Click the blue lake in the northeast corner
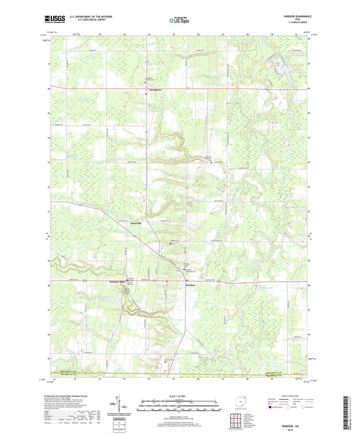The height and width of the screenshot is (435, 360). coord(279,66)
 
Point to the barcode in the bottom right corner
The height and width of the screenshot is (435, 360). coord(348,413)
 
